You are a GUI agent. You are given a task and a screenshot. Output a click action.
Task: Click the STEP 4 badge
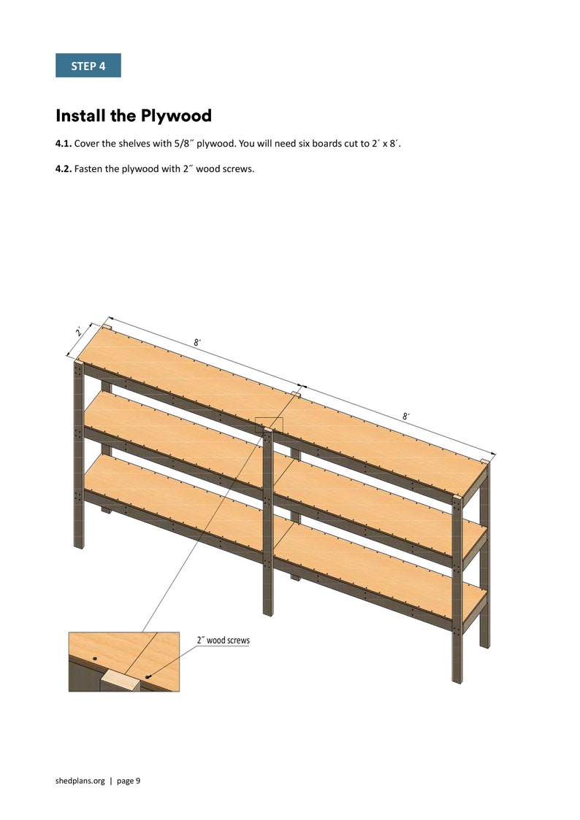coord(88,66)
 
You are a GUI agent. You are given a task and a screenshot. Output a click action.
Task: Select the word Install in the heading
coord(80,115)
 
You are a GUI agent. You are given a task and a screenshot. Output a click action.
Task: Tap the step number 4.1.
coord(64,144)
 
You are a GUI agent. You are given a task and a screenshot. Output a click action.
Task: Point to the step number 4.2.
coord(64,170)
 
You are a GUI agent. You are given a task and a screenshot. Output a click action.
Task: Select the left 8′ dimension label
coord(197,342)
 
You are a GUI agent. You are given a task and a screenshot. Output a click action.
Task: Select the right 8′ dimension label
coord(405,416)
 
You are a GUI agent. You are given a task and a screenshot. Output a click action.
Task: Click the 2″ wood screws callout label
coord(223,641)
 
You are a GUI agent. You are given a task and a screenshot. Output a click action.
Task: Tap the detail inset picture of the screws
coord(123,662)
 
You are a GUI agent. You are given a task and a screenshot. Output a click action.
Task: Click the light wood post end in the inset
coord(120,682)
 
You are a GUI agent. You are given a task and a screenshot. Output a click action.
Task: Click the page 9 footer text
coord(128,781)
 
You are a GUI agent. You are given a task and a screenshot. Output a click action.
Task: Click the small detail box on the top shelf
coord(269,424)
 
